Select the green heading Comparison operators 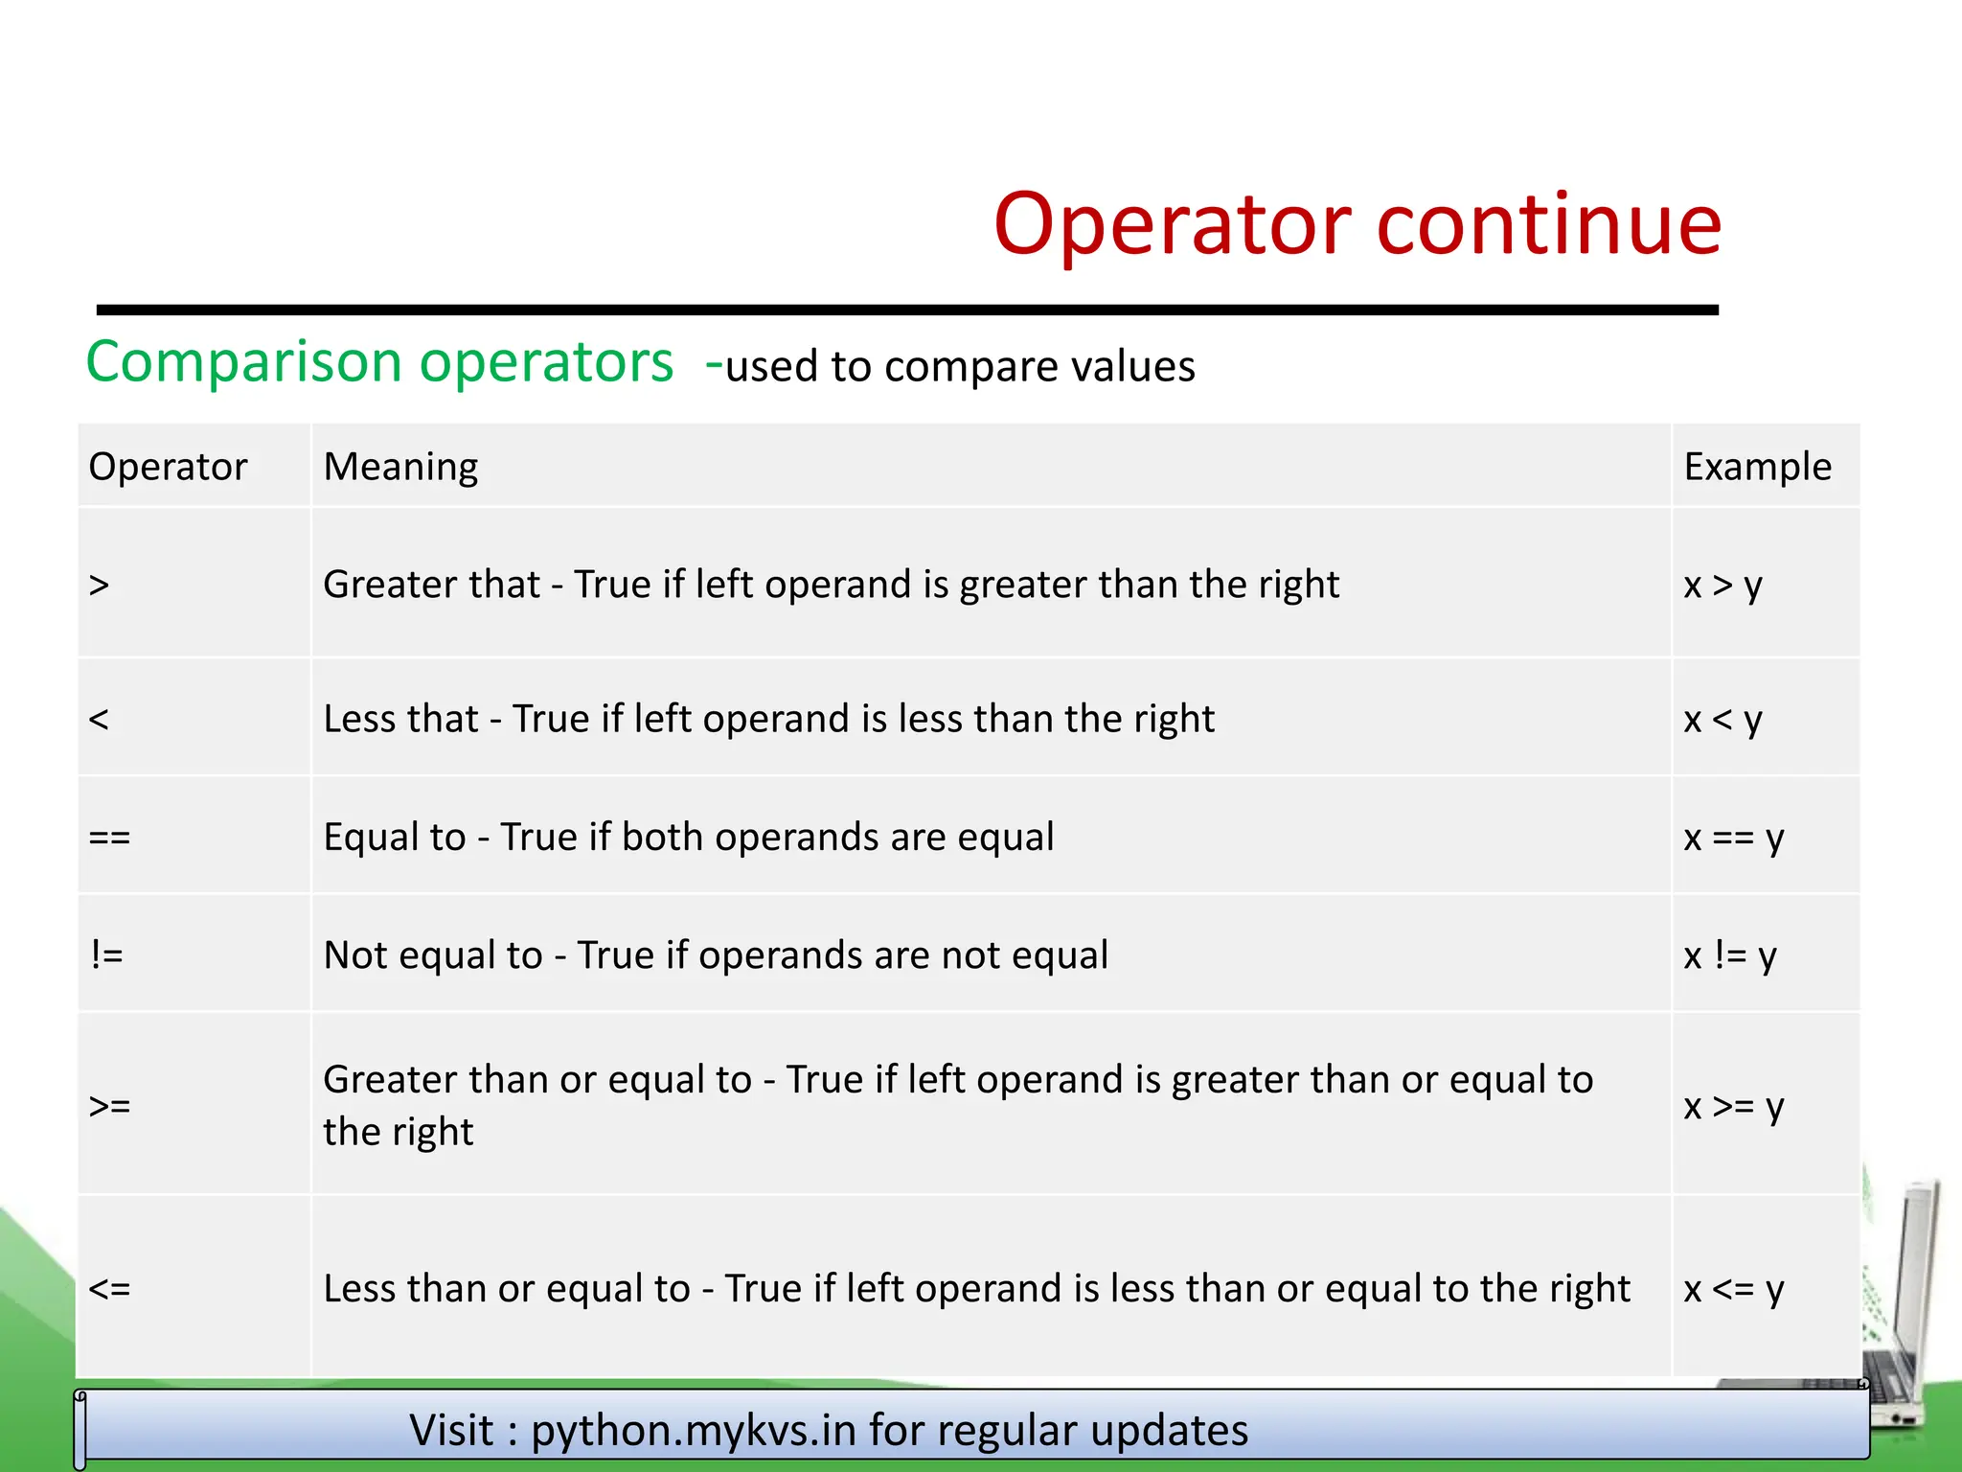pos(379,362)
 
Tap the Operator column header pos(168,467)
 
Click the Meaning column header pos(400,467)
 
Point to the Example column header pos(1757,467)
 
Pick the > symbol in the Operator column pos(99,585)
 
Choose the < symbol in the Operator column pos(99,719)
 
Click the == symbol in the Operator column pos(109,838)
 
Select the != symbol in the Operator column pos(106,955)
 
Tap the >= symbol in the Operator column pos(109,1106)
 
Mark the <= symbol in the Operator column pos(109,1289)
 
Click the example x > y pos(1722,585)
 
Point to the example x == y pos(1733,838)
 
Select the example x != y pos(1730,955)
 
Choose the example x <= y pos(1733,1289)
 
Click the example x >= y pos(1733,1106)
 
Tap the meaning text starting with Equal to pos(688,838)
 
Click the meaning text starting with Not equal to pos(716,955)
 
